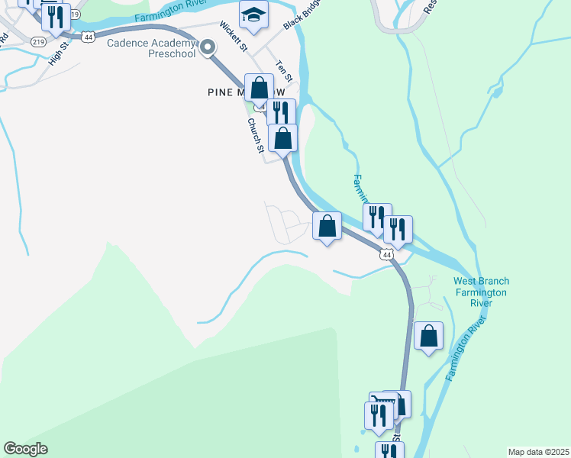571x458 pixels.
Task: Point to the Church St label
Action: coord(254,136)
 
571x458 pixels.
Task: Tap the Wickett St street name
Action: coord(233,36)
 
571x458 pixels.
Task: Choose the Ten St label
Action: coord(284,71)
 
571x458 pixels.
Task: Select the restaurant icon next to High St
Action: coord(56,18)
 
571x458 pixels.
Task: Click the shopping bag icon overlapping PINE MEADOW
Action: coord(260,88)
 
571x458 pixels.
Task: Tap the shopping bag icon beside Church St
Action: coord(283,139)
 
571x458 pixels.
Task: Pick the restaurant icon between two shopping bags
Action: coord(281,113)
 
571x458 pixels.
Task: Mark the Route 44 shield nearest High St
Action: coord(90,36)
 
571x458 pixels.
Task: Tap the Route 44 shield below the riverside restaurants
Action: coord(388,254)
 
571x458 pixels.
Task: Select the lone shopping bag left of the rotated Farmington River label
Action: coord(428,336)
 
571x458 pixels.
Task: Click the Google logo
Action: coord(25,449)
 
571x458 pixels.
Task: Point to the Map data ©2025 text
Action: coord(538,452)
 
